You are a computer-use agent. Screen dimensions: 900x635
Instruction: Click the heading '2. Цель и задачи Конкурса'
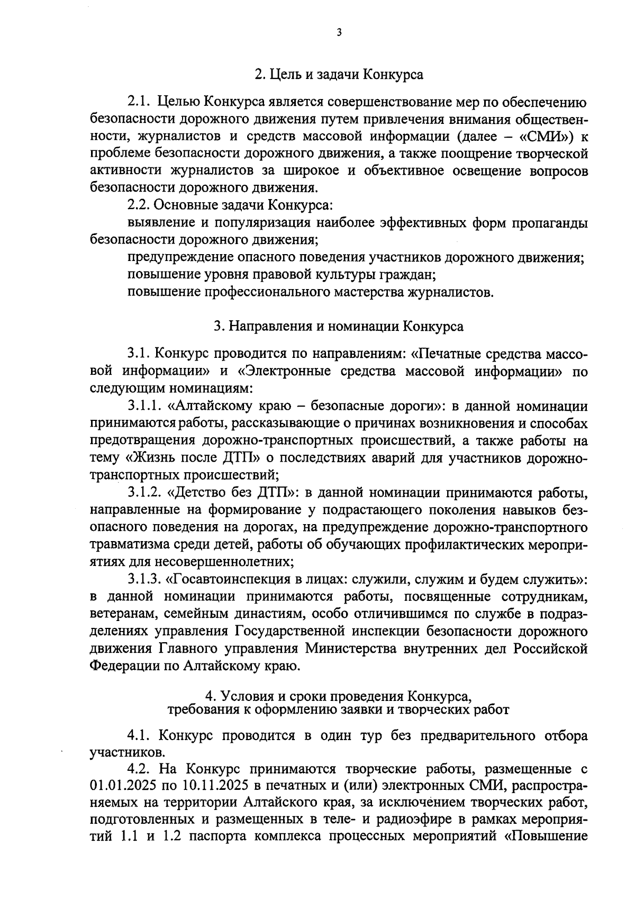(339, 75)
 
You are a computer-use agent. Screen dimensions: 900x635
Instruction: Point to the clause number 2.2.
(140, 205)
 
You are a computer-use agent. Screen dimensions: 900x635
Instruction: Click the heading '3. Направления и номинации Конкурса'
(339, 326)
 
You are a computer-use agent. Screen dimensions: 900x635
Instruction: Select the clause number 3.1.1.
(146, 407)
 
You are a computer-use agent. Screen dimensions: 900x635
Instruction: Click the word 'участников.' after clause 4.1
(128, 752)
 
